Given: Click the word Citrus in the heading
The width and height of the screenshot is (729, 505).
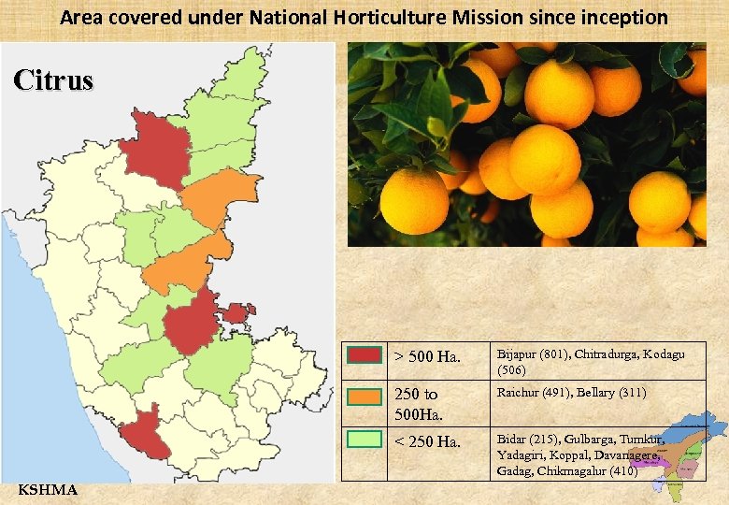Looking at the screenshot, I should coord(53,80).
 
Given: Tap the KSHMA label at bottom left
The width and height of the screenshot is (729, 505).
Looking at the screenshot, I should coord(48,490).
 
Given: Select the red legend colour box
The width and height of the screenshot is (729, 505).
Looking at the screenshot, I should coord(364,354).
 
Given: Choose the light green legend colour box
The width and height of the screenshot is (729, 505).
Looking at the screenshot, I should coord(364,438).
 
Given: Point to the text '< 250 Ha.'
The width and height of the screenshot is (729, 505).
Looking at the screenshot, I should coord(427,441).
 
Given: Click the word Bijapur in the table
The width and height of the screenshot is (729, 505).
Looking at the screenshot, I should coord(517,354).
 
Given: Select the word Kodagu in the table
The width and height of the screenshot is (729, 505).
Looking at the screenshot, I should coord(664,354).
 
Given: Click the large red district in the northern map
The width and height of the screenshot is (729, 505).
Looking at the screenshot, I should coord(155,148).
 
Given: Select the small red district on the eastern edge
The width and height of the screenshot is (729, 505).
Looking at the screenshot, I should coord(237,312).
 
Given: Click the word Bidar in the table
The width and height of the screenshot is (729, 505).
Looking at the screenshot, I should coord(512,438).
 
